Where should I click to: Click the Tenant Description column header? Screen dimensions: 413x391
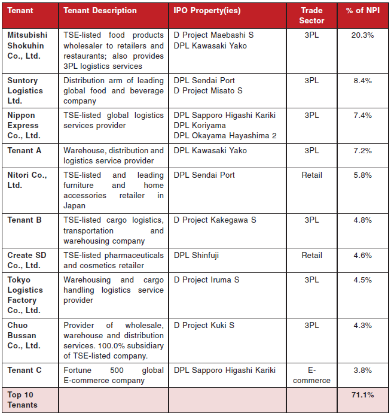point(100,10)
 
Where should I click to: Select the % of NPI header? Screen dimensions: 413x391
point(362,10)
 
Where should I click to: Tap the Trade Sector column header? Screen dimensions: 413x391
point(311,16)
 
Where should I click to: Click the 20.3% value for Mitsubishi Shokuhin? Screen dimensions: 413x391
point(362,35)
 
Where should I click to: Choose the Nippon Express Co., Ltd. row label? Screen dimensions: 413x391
point(24,125)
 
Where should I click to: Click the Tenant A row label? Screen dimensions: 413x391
point(25,150)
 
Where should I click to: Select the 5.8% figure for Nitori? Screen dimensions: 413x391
point(362,175)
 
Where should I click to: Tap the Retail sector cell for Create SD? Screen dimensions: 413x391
point(311,255)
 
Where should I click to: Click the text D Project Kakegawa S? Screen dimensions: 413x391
point(215,220)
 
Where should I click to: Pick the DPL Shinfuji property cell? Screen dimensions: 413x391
point(196,255)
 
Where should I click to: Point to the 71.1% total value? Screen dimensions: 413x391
point(362,394)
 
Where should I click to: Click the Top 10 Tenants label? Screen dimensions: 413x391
point(22,399)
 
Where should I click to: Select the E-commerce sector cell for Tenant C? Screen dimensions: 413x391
point(311,375)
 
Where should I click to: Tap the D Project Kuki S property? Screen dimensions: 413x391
point(204,325)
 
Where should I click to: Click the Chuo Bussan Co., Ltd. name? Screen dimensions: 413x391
point(24,335)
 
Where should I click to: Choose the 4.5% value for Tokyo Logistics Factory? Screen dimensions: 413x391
point(362,280)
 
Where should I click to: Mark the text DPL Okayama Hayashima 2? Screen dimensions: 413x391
point(225,135)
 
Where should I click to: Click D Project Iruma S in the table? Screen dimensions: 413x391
point(206,280)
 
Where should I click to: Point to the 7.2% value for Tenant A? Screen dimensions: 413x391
point(362,150)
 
